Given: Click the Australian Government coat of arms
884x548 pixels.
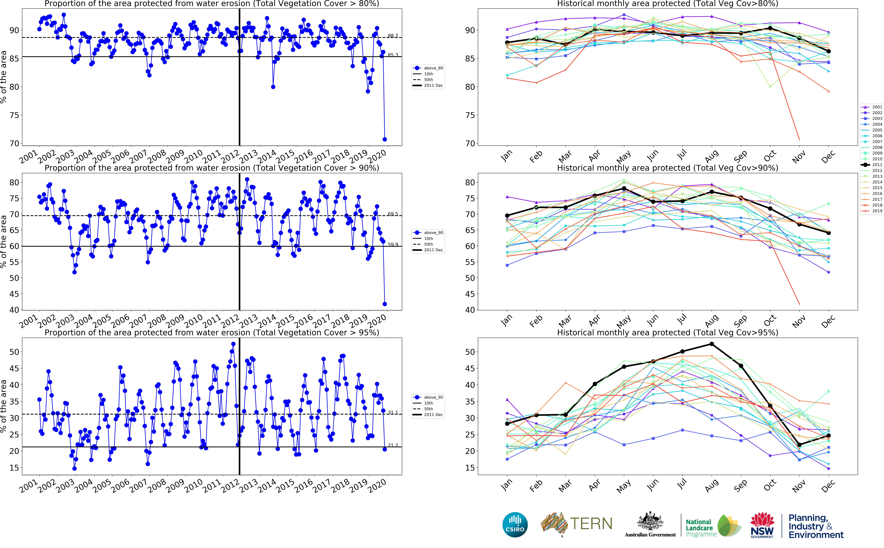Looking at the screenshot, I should pyautogui.click(x=650, y=522).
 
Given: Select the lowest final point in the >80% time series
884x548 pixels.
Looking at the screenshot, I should pyautogui.click(x=385, y=139).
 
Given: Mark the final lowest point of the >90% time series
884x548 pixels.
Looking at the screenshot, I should pyautogui.click(x=385, y=304).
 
